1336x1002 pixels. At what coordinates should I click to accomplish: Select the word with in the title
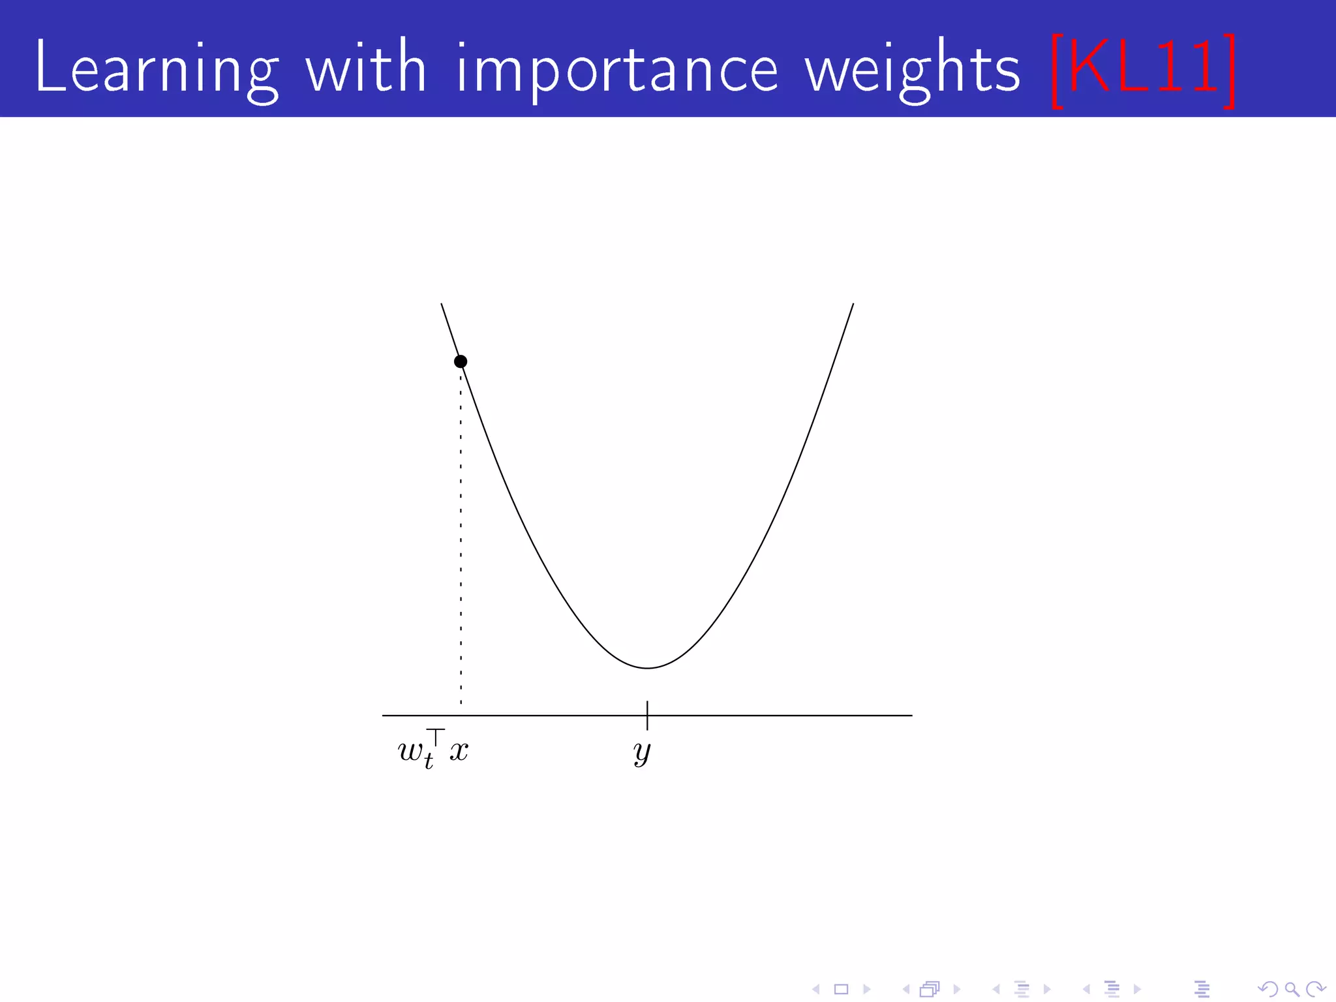click(x=366, y=67)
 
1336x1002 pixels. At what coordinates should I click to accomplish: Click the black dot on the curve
click(x=461, y=361)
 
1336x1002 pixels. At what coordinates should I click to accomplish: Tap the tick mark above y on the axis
click(x=647, y=715)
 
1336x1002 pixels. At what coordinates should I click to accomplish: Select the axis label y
click(x=643, y=752)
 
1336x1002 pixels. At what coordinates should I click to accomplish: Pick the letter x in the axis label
click(x=459, y=751)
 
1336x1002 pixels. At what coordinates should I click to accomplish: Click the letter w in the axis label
click(x=411, y=751)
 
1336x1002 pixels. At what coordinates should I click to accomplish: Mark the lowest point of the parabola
click(x=647, y=668)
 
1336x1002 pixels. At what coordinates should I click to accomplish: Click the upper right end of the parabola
click(x=853, y=304)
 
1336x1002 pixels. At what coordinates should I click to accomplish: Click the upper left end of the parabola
click(x=442, y=304)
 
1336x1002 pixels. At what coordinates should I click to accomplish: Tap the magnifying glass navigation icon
click(x=1292, y=990)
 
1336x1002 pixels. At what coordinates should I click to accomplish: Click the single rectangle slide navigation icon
click(x=841, y=990)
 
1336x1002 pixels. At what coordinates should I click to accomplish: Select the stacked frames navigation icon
click(x=930, y=990)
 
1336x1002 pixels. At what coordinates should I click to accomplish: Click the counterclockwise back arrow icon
click(x=1268, y=990)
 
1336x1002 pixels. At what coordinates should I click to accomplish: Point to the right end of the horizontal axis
click(x=911, y=716)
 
